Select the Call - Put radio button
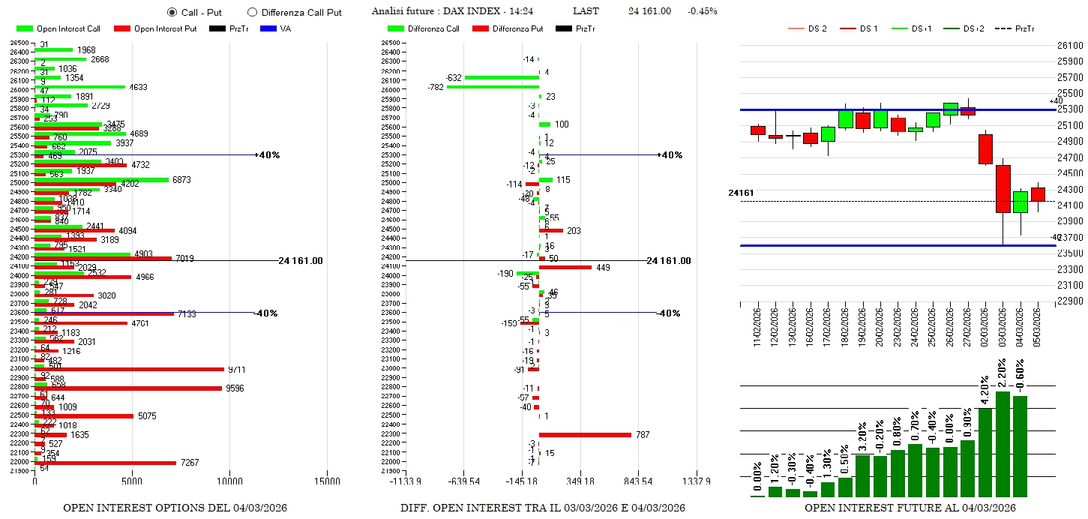[172, 12]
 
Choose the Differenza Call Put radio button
[252, 12]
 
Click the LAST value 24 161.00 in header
[649, 10]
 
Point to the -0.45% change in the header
[703, 10]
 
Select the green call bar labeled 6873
[102, 180]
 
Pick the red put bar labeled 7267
[106, 463]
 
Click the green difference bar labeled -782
[493, 87]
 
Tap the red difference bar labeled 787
[585, 434]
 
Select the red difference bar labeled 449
[565, 267]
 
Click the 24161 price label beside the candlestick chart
[740, 193]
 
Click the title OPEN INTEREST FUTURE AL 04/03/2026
[910, 508]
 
